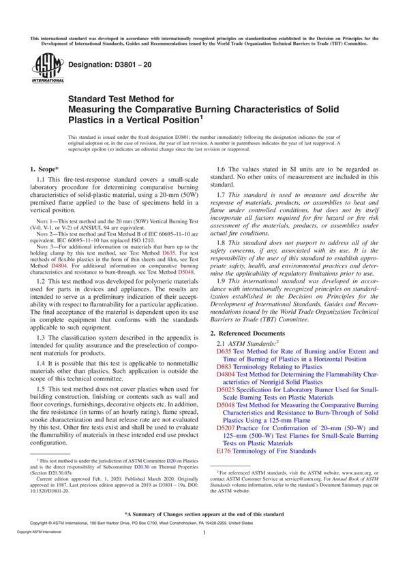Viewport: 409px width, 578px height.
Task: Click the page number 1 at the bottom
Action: click(x=204, y=553)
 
